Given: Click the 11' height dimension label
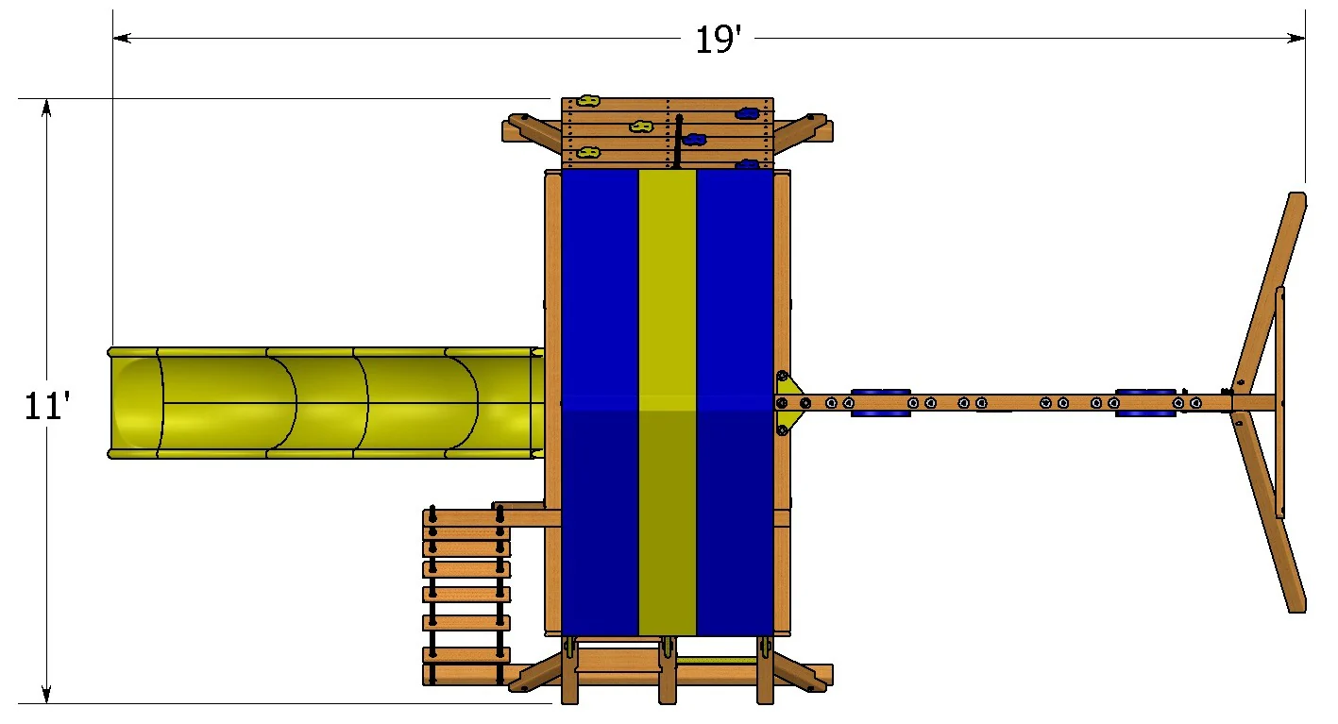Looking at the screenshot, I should click(47, 405).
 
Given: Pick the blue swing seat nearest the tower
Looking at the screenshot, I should click(880, 403).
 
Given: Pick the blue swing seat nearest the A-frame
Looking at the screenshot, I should click(1145, 403).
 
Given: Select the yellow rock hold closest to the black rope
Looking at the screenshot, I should click(641, 126).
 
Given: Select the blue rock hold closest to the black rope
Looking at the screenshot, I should click(694, 140).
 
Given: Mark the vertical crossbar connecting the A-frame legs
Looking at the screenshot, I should click(1280, 403).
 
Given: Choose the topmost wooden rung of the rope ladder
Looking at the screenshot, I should click(466, 518).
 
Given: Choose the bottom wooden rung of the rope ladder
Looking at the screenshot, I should click(466, 674).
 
